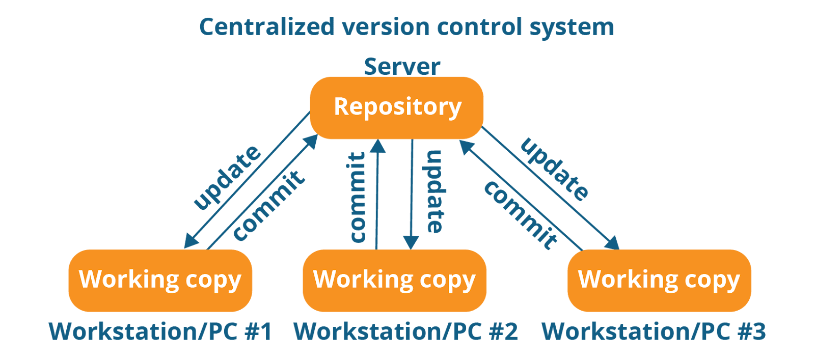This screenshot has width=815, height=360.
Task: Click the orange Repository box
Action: click(397, 107)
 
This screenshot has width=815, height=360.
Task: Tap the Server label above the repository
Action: click(402, 67)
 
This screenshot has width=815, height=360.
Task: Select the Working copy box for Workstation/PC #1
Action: click(160, 280)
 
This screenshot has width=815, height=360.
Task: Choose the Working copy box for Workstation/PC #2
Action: click(394, 280)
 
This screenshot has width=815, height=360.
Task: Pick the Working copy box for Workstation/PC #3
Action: click(659, 280)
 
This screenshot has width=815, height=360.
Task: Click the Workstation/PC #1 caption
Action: click(160, 331)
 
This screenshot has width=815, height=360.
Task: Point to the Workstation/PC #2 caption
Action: click(405, 331)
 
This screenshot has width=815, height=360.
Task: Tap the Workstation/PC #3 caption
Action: click(653, 331)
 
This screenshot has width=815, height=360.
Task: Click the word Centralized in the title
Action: click(266, 27)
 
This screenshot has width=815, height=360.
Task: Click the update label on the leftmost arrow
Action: click(228, 178)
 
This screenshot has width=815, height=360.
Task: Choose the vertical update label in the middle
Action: click(434, 191)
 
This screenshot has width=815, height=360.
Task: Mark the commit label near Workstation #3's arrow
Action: click(520, 215)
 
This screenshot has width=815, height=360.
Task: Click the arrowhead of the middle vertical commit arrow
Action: click(377, 146)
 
